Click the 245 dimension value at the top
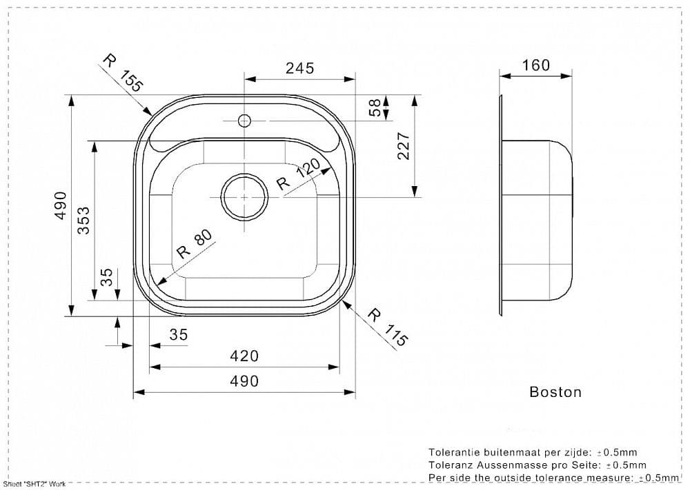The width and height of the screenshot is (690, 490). tap(299, 68)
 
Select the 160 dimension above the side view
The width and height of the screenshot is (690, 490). tap(536, 65)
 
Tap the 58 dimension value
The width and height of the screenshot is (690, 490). tap(375, 107)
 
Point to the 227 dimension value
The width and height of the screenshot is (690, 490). tap(404, 146)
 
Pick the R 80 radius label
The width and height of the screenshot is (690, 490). tap(195, 243)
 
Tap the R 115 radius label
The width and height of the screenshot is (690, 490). tap(387, 327)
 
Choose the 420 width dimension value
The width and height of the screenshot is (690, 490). tap(244, 356)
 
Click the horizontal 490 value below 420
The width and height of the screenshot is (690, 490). tap(244, 381)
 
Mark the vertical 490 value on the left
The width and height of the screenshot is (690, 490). tap(60, 205)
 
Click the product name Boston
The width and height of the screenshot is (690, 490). tap(555, 392)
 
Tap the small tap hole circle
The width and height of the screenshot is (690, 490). tap(244, 121)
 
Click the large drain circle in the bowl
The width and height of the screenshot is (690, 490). tap(244, 196)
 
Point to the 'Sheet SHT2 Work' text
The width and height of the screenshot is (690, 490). tap(34, 484)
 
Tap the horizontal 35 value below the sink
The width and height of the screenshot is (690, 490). tap(178, 335)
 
